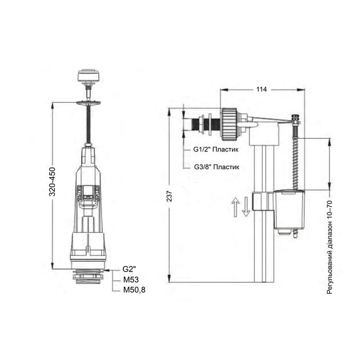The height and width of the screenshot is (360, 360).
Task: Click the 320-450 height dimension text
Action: (53, 182)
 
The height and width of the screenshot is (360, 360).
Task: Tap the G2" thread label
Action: (129, 269)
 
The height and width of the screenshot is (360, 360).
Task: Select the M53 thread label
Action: (131, 279)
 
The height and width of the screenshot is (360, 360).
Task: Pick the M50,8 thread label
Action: (134, 290)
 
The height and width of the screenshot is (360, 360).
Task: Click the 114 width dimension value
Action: (262, 89)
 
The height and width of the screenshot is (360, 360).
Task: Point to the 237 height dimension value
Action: (169, 196)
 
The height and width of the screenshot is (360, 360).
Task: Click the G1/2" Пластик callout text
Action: (216, 150)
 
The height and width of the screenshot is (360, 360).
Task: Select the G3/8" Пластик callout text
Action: (217, 167)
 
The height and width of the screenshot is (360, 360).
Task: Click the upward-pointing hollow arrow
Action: (235, 207)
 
